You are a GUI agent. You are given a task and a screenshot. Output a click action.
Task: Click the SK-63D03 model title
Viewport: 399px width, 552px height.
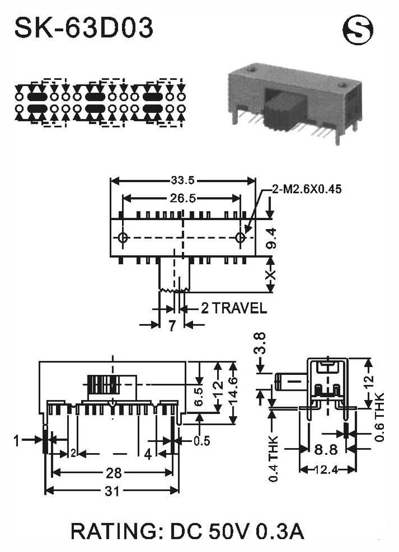click(84, 28)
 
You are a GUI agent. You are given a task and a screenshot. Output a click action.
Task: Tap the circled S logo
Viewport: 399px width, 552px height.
click(358, 30)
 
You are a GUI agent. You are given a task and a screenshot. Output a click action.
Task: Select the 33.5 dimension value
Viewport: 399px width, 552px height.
click(183, 180)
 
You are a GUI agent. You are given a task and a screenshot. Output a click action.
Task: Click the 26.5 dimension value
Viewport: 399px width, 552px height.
click(183, 198)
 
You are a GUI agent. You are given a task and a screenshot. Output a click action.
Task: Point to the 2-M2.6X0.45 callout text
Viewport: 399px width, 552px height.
click(307, 189)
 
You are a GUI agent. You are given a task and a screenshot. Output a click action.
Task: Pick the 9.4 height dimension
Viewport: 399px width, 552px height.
click(271, 239)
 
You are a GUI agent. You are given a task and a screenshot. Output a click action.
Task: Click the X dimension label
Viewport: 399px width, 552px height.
click(270, 274)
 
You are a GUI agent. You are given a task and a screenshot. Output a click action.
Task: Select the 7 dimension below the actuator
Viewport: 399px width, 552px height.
click(172, 326)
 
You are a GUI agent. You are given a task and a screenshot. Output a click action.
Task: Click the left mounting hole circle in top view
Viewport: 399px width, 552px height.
click(123, 237)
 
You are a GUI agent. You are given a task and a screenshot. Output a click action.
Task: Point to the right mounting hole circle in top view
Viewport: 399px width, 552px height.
click(241, 237)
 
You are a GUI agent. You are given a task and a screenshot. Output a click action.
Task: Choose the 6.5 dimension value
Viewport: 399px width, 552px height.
click(199, 397)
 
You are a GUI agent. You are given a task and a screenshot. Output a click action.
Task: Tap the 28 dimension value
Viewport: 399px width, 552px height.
click(114, 473)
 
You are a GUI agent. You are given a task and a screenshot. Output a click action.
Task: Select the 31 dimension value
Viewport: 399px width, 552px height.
click(112, 491)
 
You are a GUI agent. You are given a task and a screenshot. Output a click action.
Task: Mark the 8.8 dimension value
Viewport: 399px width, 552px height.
click(326, 450)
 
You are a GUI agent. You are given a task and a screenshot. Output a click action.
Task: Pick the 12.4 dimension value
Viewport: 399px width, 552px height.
click(326, 470)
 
